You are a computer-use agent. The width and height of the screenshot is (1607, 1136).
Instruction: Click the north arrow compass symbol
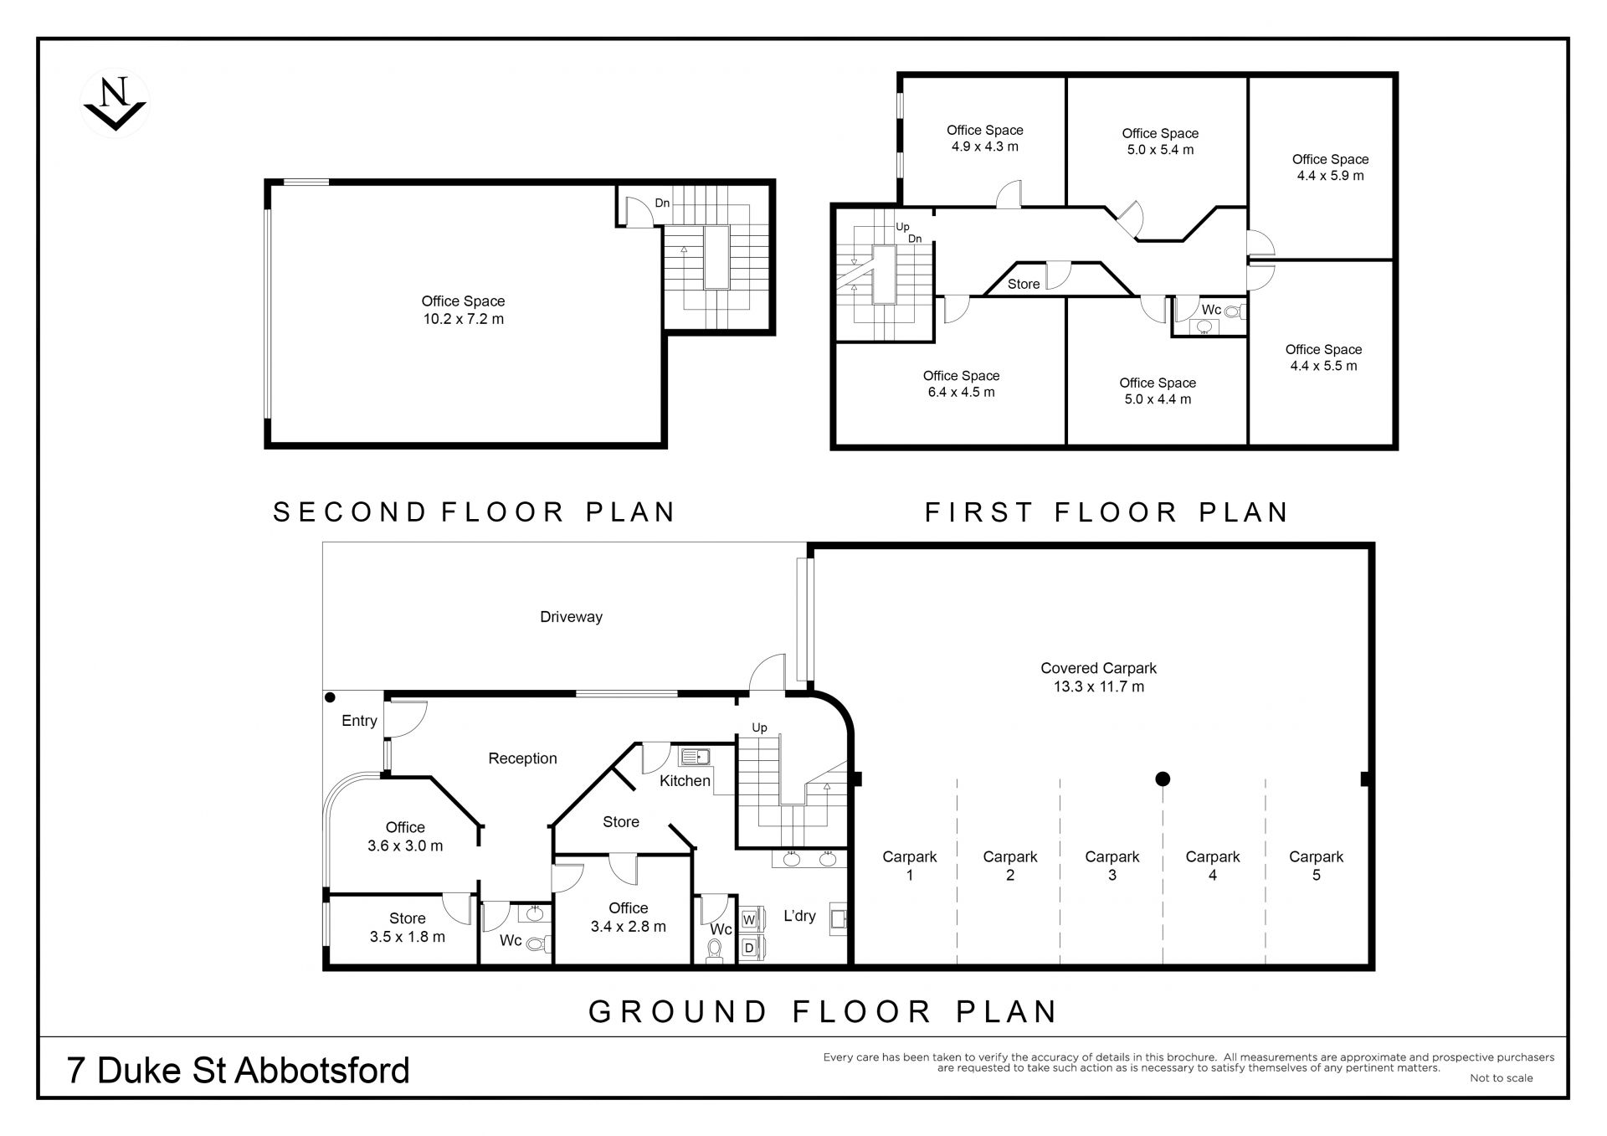point(116,104)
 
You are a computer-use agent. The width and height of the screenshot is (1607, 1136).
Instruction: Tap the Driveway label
point(571,617)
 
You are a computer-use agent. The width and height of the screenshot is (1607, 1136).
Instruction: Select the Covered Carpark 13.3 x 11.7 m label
point(1098,677)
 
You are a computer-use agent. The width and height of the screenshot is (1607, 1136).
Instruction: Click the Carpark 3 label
point(1112,866)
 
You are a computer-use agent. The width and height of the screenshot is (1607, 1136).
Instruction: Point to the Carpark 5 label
point(1316,866)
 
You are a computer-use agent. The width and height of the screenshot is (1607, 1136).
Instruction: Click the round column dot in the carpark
point(1162,779)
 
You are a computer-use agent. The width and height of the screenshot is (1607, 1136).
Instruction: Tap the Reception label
point(522,758)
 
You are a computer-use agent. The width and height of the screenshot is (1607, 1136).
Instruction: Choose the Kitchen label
point(685,781)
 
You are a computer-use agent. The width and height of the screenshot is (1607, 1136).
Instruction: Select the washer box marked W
point(749,920)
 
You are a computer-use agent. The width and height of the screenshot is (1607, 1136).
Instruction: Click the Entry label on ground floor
point(359,721)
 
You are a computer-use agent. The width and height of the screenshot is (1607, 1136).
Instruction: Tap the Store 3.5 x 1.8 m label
point(407,928)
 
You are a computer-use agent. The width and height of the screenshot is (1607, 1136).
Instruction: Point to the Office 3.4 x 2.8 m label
point(628,918)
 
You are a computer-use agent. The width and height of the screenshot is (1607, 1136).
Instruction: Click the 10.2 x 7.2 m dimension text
point(463,319)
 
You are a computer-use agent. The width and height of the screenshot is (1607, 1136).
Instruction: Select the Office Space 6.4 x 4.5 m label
point(961,384)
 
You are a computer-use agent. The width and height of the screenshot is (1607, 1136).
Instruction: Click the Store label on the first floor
point(1023,285)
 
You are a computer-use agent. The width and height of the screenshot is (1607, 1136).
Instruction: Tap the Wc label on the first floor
point(1211,310)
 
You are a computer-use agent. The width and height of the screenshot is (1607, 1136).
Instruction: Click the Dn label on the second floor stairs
point(662,203)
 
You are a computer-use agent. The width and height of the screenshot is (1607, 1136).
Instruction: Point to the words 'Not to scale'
point(1501,1078)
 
